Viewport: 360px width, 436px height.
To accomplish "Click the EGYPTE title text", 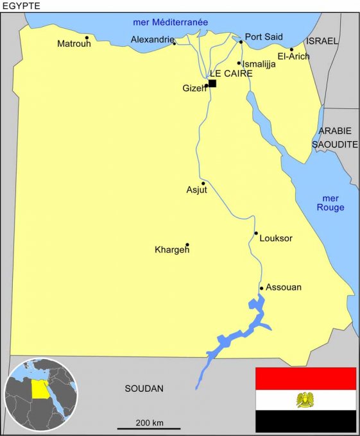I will point(21,6).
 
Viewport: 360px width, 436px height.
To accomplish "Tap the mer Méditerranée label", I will point(170,22).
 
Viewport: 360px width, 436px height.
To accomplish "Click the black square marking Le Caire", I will point(212,83).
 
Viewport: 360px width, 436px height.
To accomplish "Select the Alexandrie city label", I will point(152,40).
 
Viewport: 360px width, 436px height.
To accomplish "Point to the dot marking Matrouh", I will point(87,37).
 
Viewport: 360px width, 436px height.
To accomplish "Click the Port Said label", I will point(264,37).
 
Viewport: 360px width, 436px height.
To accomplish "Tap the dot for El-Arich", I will point(291,49).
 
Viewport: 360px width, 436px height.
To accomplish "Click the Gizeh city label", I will point(194,88).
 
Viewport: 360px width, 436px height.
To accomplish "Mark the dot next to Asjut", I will point(203,183).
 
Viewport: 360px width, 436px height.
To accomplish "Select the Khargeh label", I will point(172,249).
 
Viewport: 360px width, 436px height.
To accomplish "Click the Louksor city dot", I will point(256,233).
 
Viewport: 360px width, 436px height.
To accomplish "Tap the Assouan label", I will point(283,287).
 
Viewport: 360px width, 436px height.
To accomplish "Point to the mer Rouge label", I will point(331,203).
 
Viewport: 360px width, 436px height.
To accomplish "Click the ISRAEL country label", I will point(321,40).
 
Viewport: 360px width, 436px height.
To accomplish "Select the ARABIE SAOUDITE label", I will point(335,138).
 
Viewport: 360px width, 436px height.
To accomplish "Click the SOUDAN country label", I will point(144,389).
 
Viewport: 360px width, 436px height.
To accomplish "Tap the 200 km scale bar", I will point(149,428).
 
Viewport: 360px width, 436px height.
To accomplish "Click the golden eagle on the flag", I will point(305,400).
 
